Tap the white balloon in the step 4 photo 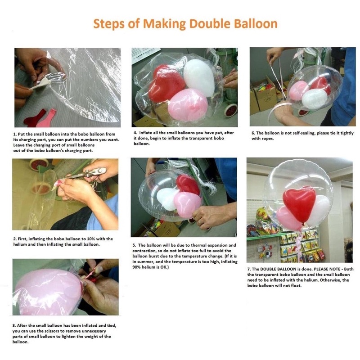(199, 77)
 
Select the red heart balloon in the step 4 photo (166, 84)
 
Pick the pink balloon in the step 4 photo (188, 105)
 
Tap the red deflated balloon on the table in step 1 (35, 119)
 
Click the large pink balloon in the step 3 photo (48, 292)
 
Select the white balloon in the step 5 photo (167, 199)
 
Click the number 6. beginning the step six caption (253, 133)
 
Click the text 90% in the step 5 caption (136, 267)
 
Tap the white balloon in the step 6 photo (314, 99)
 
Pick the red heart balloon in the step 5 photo (188, 184)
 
